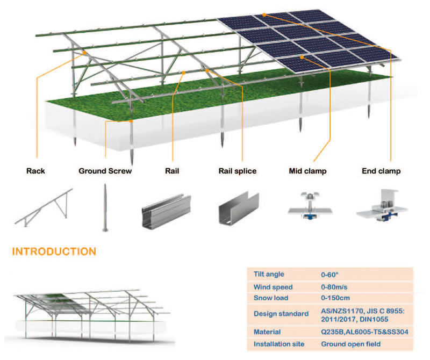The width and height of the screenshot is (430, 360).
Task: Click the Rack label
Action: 35,171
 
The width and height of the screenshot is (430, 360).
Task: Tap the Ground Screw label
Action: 105,171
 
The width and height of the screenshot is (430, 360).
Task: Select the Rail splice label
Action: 237,171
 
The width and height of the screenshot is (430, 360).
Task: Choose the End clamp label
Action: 381,171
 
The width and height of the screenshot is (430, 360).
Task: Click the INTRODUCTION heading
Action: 54,251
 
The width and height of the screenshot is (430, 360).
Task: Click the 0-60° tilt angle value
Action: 331,274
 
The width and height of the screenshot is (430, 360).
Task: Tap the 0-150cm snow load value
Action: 336,298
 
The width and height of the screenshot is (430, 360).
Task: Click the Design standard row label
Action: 281,313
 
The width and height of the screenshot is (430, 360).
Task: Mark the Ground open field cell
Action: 350,344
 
